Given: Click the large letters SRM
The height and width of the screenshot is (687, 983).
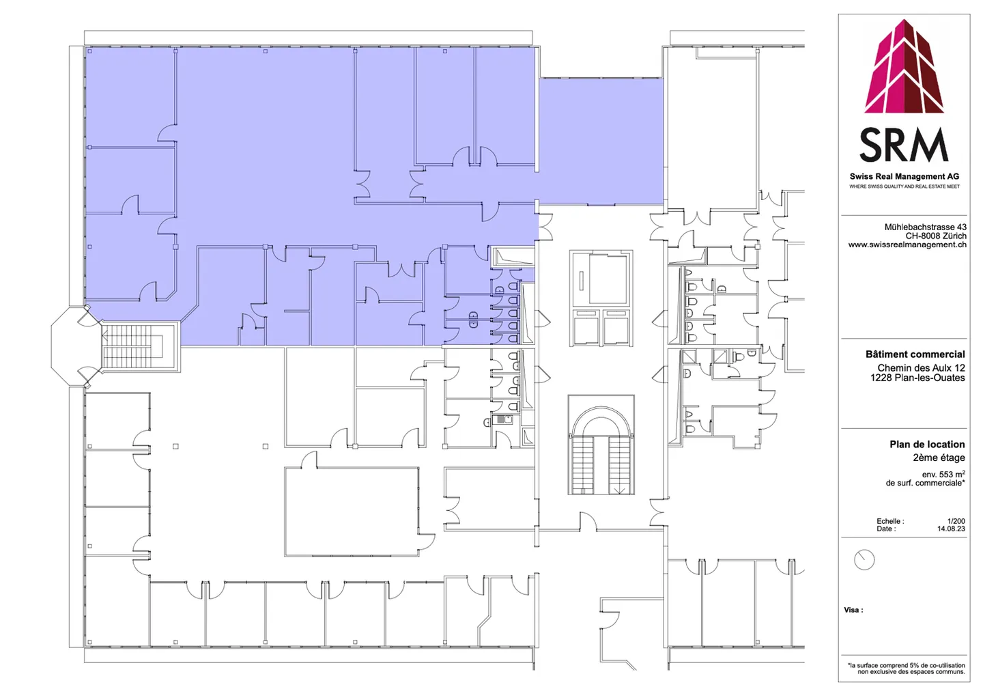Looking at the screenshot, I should click(904, 145).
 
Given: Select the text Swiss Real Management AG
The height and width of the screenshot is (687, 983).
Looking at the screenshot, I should click(904, 176).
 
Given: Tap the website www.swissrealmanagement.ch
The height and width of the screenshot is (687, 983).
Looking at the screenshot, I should click(907, 244).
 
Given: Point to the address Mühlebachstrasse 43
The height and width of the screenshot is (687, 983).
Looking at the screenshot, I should click(925, 227).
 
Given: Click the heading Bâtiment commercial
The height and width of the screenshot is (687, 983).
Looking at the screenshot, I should click(915, 354).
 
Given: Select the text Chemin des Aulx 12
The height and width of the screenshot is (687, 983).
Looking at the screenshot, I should click(921, 367).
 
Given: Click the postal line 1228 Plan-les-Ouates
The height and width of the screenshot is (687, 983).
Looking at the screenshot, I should click(917, 378).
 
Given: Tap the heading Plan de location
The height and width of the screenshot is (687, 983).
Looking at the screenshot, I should click(927, 444).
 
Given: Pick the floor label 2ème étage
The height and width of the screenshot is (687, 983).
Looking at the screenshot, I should click(939, 458).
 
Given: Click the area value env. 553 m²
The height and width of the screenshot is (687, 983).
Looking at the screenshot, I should click(943, 474).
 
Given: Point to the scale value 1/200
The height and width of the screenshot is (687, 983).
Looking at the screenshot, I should click(956, 521).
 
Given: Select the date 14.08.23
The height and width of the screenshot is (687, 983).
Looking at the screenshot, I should click(951, 529).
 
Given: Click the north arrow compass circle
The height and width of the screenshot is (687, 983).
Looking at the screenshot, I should click(864, 560).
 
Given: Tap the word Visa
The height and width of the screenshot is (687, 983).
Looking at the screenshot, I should click(853, 610).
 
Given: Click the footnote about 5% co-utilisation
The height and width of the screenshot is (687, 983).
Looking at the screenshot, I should click(907, 668).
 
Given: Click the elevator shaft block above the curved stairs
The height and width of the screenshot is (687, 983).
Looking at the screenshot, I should click(601, 298).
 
